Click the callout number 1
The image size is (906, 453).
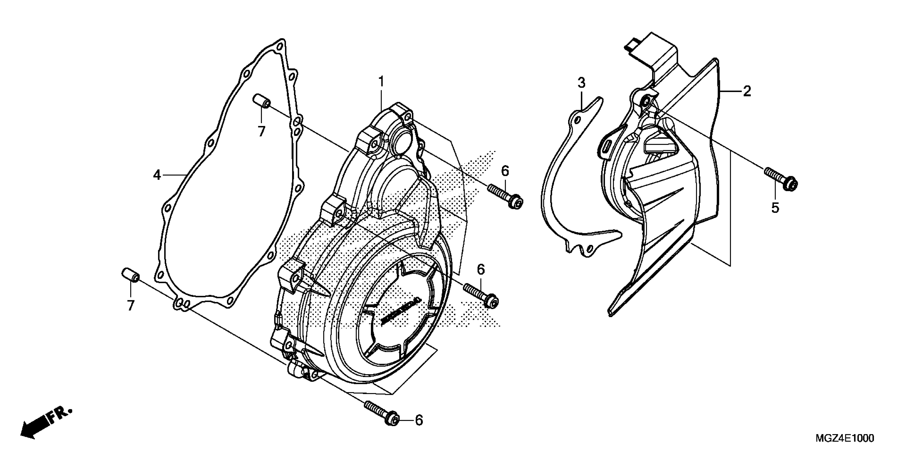381,82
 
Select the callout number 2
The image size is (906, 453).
747,91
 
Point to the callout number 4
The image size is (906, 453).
157,175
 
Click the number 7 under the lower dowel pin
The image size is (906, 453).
131,305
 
